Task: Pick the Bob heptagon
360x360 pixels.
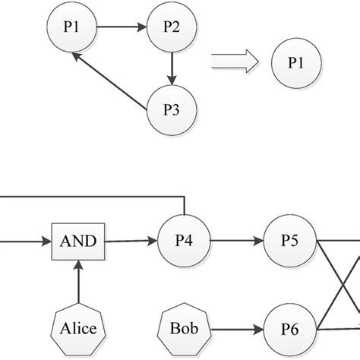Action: click(183, 330)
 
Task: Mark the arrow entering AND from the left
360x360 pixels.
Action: click(23, 243)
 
